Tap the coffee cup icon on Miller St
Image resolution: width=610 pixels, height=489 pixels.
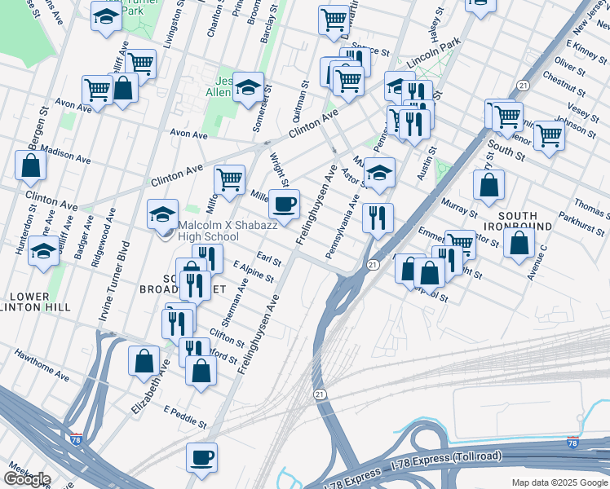point(284,204)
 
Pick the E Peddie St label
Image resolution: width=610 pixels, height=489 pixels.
point(184,416)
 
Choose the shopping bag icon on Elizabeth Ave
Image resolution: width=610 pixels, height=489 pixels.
point(144,359)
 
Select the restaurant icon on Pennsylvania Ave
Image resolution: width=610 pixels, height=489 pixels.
point(378,217)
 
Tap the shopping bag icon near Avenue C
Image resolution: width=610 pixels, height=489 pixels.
point(519,242)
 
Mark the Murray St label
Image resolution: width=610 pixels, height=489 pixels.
point(457,206)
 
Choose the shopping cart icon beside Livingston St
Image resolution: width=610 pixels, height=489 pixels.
point(141,62)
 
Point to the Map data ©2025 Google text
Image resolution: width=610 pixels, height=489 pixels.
point(559,482)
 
